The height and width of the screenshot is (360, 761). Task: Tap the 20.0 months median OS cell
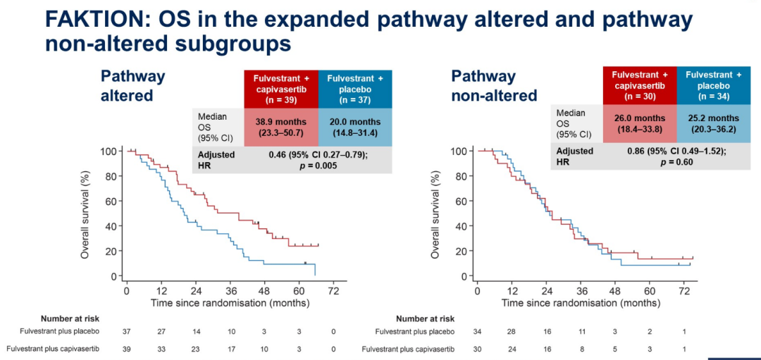355,126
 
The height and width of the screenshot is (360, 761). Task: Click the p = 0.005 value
318,166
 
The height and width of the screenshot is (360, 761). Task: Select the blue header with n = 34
714,85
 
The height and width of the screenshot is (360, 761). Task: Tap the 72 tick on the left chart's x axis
333,291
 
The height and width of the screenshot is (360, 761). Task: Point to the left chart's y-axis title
85,213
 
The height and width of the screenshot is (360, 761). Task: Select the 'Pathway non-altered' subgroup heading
494,85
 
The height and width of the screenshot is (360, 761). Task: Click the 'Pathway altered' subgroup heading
132,85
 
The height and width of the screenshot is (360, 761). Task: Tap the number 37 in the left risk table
127,331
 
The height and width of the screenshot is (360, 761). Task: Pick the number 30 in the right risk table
478,349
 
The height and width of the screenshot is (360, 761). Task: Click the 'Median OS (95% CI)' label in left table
218,127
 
